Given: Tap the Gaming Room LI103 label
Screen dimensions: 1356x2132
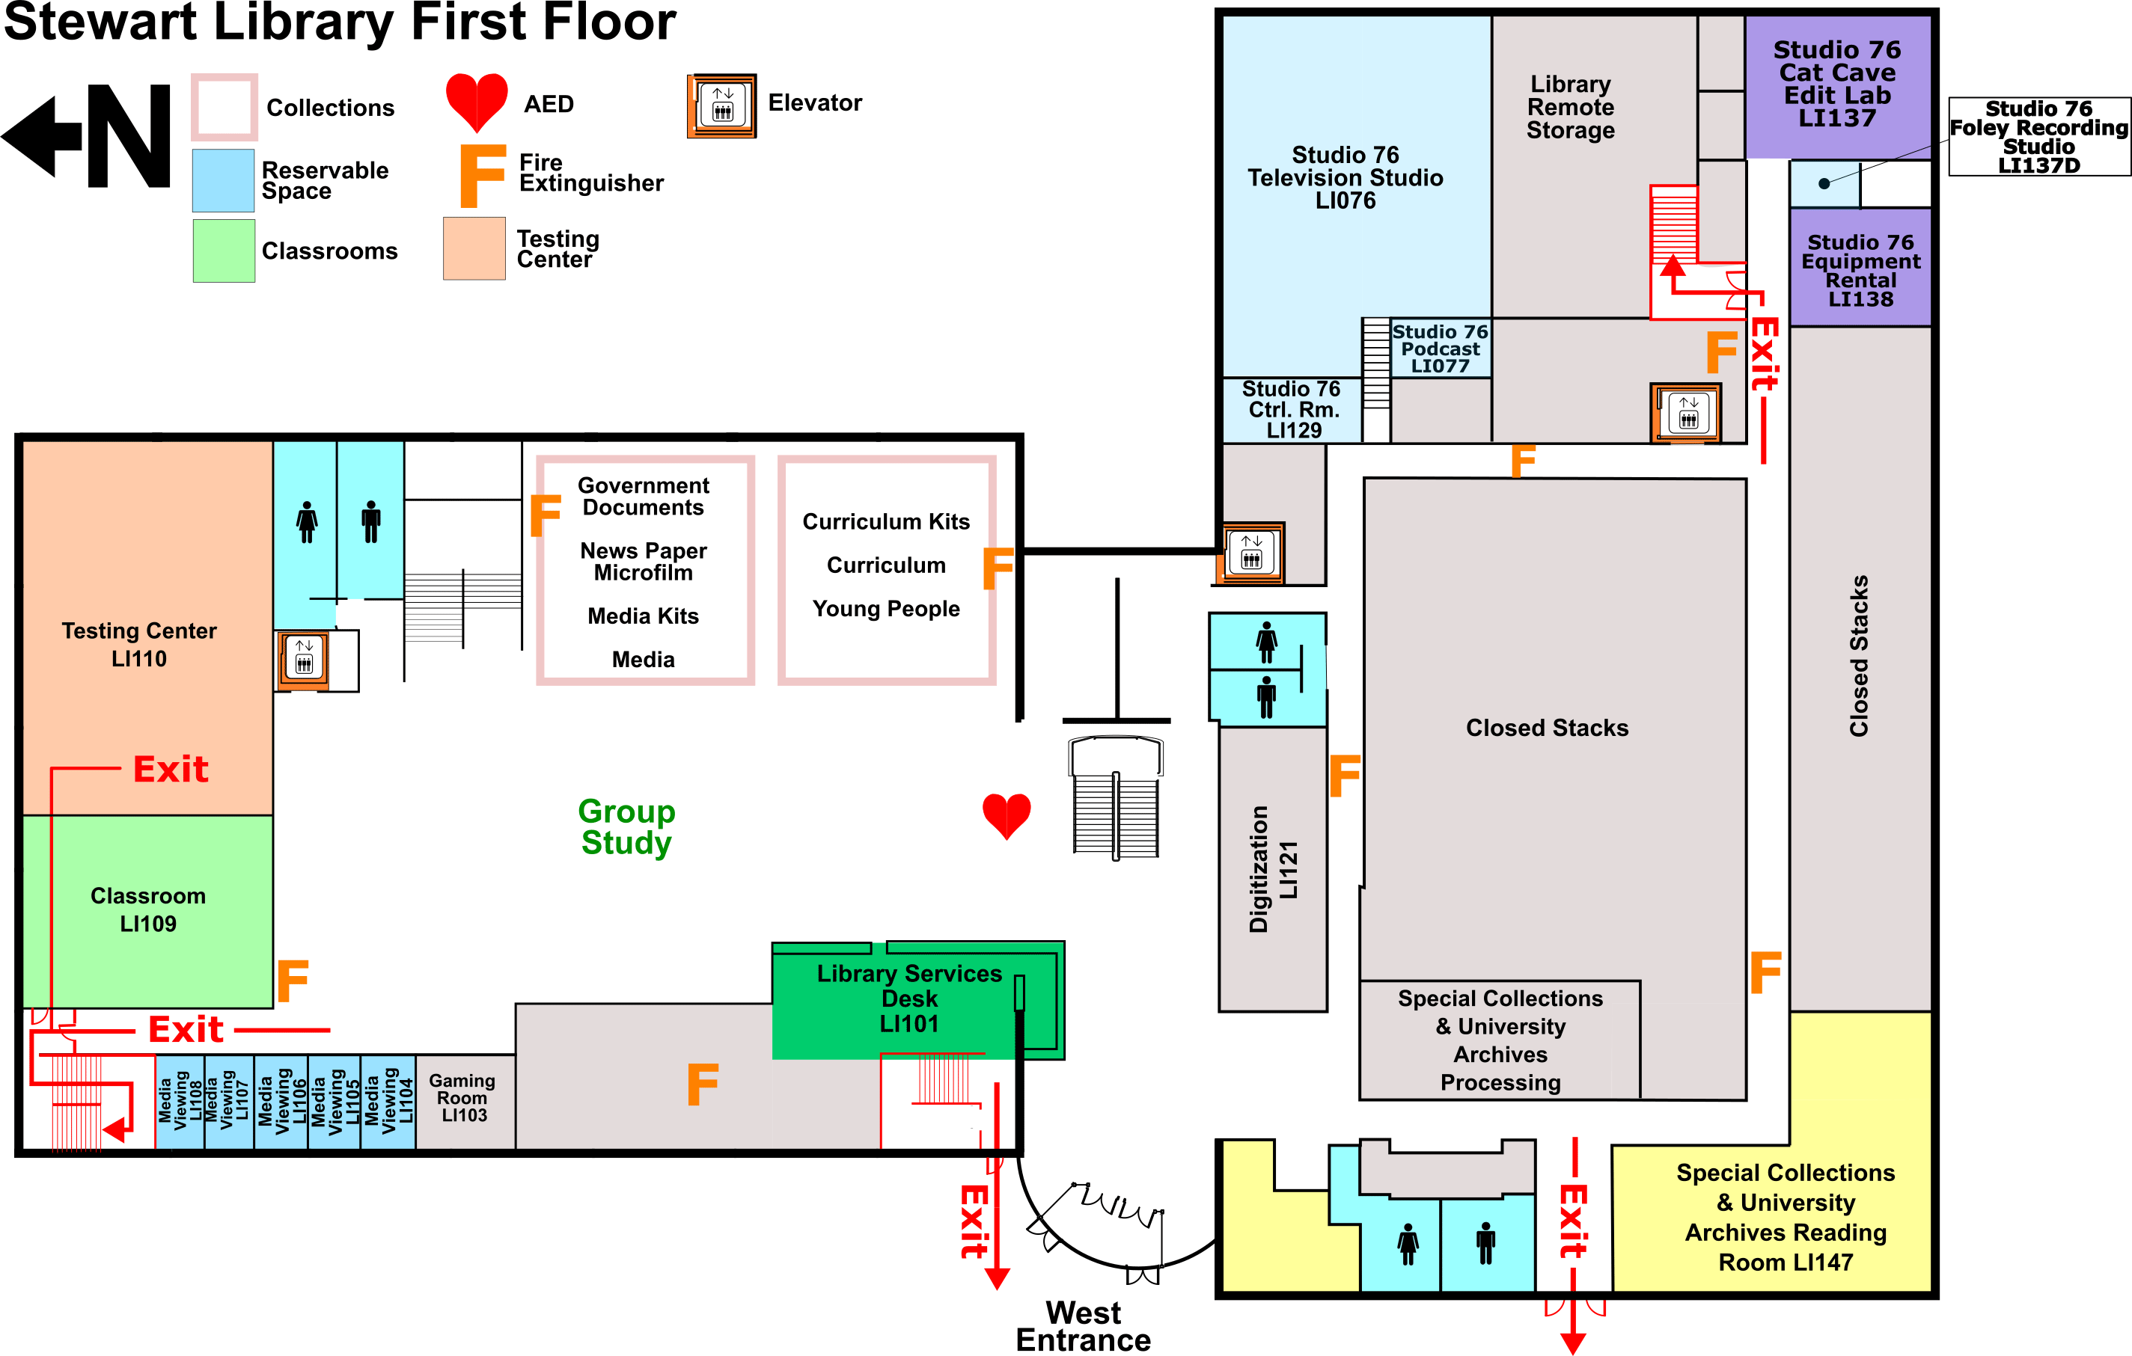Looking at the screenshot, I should pos(462,1097).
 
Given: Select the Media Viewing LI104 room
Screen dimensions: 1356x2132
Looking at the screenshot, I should pos(388,1101).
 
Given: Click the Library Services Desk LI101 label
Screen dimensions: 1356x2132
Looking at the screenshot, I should pos(909,998).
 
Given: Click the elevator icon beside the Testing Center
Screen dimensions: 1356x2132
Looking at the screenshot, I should pos(304,660).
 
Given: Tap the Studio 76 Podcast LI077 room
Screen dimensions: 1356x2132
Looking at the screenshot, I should pos(1440,349).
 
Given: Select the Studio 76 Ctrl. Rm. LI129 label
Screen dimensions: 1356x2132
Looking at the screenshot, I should pos(1292,410).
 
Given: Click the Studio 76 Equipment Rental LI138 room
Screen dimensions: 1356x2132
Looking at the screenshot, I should pos(1860,270).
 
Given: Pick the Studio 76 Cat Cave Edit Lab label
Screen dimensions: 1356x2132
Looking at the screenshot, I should pos(1836,84).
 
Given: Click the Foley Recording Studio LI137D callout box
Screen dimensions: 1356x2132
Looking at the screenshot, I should pos(2038,137).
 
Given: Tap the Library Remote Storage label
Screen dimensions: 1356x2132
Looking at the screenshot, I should pos(1570,107).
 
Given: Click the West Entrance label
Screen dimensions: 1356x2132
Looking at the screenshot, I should pos(1083,1326).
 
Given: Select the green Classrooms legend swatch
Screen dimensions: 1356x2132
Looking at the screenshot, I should pos(224,251).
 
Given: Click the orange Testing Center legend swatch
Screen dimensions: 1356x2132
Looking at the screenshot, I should pos(474,249).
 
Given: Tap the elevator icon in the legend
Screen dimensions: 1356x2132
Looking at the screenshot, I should pos(722,105).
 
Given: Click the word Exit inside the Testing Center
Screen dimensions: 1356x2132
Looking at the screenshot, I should pos(171,769).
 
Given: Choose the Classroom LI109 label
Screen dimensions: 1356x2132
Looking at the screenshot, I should pos(148,909).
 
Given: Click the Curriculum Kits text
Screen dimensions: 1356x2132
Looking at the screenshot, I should pos(885,521).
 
